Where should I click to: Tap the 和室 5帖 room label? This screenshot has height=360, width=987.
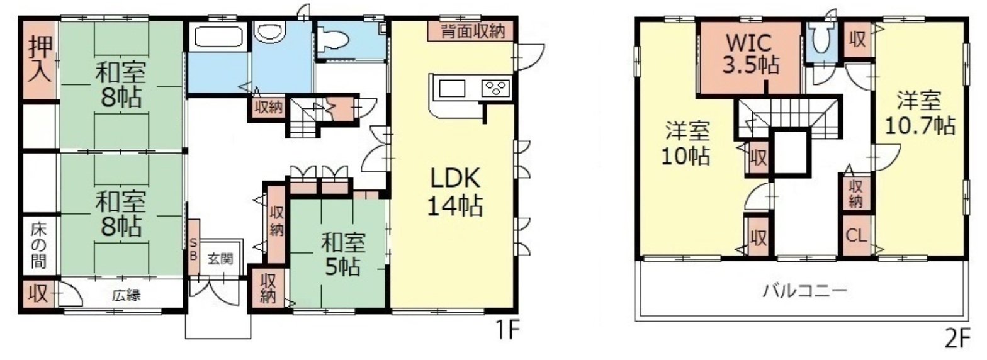342,254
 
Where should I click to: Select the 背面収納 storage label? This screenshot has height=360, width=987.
472,31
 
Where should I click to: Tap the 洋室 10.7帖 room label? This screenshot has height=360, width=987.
920,113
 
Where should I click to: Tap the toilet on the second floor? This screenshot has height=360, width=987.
820,39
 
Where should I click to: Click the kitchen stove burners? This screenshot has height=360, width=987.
495,89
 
